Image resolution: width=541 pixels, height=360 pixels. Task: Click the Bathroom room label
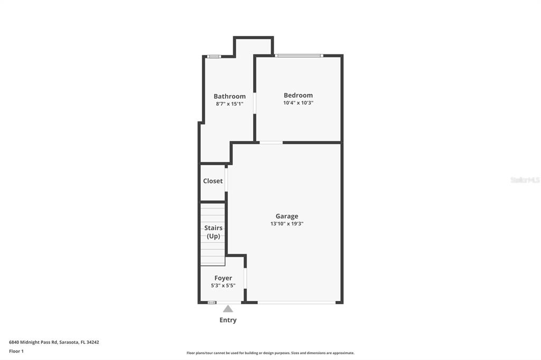[x=229, y=96]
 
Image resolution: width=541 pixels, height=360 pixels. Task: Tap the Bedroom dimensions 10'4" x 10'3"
[x=298, y=103]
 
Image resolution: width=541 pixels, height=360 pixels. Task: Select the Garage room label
[x=287, y=216]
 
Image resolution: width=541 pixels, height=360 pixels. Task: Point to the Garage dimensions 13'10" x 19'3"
[x=287, y=224]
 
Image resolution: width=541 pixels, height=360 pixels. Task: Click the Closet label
[x=213, y=181]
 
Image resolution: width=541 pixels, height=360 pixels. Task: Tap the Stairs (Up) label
[x=213, y=232]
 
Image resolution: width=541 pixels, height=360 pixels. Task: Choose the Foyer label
[x=223, y=278]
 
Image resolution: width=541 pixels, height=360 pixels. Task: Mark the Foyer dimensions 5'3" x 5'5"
[x=223, y=286]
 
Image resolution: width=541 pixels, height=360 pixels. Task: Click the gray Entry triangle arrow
[x=228, y=309]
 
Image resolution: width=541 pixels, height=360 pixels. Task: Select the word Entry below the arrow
[x=228, y=320]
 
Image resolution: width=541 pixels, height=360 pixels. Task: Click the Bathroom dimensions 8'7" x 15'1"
[x=229, y=104]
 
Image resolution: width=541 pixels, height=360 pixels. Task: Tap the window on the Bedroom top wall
[x=299, y=55]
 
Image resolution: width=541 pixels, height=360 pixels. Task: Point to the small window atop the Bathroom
[x=213, y=56]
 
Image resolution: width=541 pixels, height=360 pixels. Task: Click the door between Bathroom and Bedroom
[x=255, y=103]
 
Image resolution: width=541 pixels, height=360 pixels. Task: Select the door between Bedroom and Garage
[x=270, y=143]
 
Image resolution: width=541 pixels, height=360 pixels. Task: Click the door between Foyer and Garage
[x=245, y=278]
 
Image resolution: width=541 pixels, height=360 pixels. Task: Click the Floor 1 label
[x=16, y=351]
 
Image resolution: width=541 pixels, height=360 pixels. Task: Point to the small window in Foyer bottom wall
[x=211, y=302]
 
